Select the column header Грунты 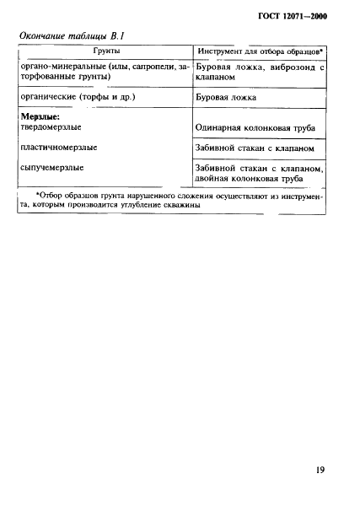pyautogui.click(x=106, y=52)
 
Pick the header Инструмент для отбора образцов pyautogui.click(x=261, y=52)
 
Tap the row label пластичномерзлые pyautogui.click(x=58, y=148)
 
